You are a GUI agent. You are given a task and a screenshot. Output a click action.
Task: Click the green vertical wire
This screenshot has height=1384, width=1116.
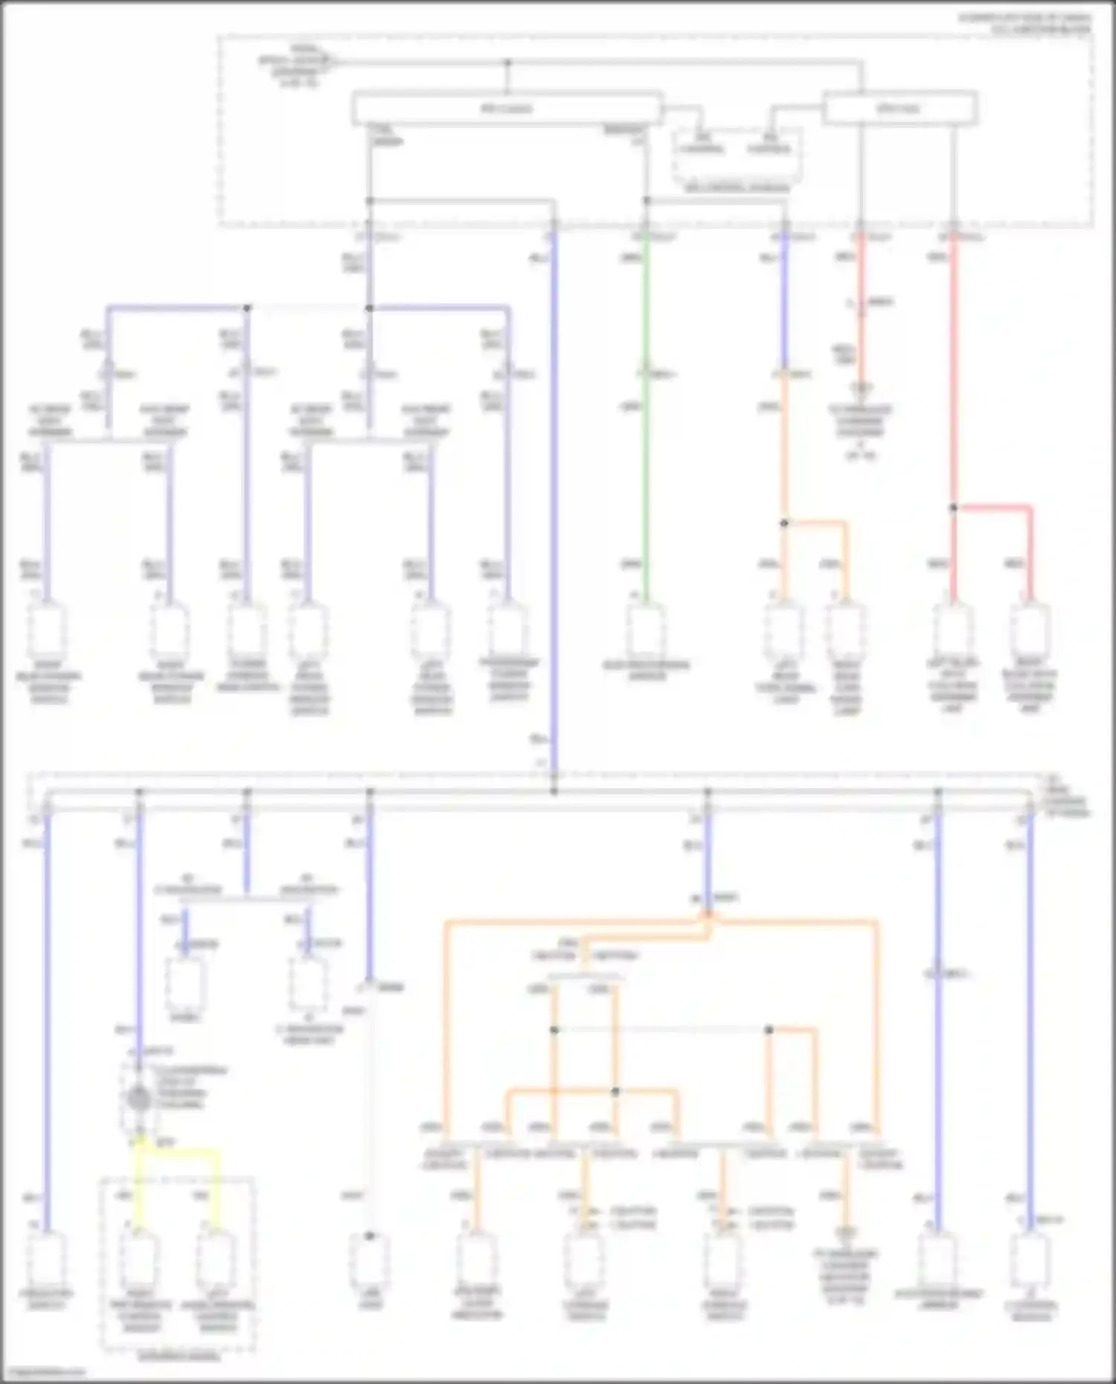tap(646, 416)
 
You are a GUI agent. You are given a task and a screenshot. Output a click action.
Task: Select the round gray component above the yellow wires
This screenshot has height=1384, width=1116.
tap(138, 1098)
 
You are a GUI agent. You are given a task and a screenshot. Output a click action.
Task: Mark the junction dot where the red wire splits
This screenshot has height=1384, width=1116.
tap(953, 508)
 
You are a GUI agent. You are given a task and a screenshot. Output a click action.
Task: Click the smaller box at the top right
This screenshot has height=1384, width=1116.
tap(899, 109)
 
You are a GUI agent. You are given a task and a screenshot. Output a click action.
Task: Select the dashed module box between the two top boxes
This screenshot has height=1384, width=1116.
tap(737, 156)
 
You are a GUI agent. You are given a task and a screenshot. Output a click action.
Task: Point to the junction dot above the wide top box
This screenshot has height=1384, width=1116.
tap(508, 63)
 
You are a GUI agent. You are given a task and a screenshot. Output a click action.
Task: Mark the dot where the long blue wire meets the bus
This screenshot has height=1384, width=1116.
tap(554, 791)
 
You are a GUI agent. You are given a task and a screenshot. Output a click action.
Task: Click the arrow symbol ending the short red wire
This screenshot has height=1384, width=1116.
tap(861, 388)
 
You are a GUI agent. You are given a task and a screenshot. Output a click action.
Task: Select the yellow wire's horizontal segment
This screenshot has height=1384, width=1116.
tap(179, 1151)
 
